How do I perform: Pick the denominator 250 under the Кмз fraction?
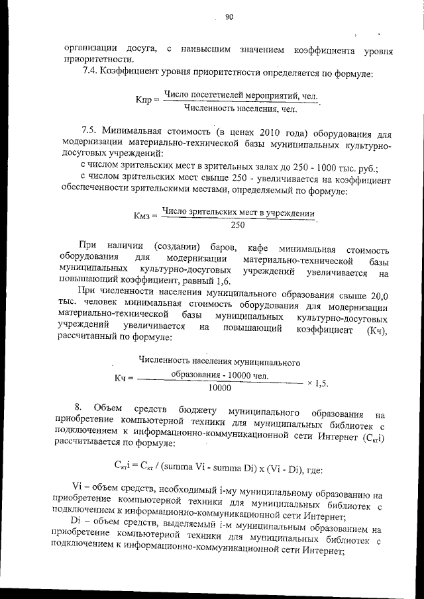[x=237, y=224]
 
